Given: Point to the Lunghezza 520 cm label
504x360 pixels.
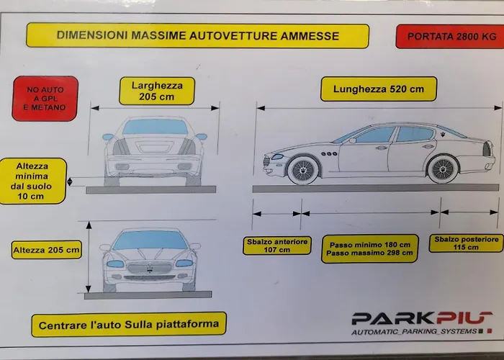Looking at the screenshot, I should coord(374,90).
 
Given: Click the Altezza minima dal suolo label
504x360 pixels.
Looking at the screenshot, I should coord(31,180).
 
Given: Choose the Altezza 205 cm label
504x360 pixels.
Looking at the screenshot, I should coord(45,251).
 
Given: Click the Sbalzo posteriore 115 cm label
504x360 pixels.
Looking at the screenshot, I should coord(466,243).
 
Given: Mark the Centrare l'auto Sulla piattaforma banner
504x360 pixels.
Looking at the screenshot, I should coord(129,323).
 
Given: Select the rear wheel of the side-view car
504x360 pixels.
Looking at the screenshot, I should coord(442,169).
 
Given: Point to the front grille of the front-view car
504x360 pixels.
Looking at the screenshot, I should coord(150,268).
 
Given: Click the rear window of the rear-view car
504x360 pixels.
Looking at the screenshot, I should coord(155,127).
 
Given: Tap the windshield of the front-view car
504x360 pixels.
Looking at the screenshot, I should coord(150,240).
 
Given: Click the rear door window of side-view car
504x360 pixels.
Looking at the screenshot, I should coord(414,134).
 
